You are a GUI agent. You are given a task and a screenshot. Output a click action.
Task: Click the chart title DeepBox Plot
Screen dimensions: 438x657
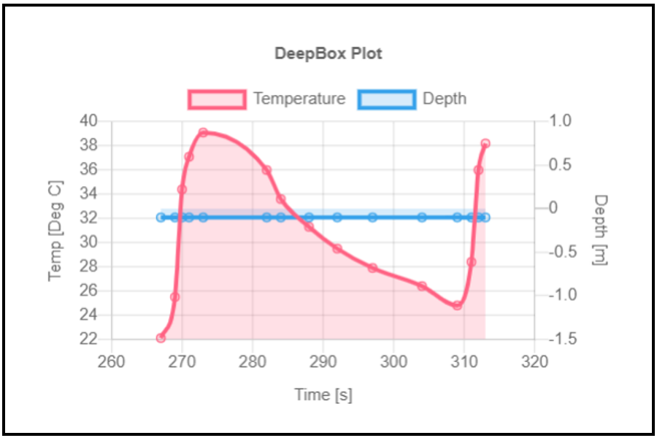click(x=328, y=53)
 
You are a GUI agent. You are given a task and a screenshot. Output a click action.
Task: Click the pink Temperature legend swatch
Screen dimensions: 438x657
click(x=216, y=99)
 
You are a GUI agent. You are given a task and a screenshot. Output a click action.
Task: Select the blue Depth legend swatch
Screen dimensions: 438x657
click(x=386, y=99)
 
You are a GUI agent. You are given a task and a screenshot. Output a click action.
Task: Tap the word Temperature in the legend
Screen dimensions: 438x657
click(x=299, y=99)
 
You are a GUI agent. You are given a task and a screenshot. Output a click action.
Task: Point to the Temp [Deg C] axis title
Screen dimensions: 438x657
click(x=55, y=231)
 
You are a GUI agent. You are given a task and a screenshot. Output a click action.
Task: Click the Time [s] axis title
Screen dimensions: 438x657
click(x=323, y=395)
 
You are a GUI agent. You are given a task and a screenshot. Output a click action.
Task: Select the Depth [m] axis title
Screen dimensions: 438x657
click(x=600, y=230)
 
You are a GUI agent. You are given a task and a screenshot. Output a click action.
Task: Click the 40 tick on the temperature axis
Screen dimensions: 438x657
click(x=90, y=121)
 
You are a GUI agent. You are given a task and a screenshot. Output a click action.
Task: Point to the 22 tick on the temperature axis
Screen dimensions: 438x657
click(x=90, y=339)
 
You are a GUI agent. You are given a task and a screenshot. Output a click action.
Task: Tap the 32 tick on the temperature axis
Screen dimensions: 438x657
click(x=90, y=218)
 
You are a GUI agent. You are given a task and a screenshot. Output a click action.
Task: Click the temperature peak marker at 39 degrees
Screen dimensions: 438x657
click(x=203, y=133)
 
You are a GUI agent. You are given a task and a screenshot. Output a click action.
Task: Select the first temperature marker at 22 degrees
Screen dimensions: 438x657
click(x=161, y=338)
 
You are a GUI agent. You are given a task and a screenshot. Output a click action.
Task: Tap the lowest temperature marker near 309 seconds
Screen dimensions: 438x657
click(x=457, y=305)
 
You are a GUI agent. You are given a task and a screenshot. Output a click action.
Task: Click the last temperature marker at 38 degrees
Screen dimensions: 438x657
click(x=485, y=144)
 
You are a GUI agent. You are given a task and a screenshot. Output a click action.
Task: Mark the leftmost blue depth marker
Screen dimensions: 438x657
click(x=161, y=217)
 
